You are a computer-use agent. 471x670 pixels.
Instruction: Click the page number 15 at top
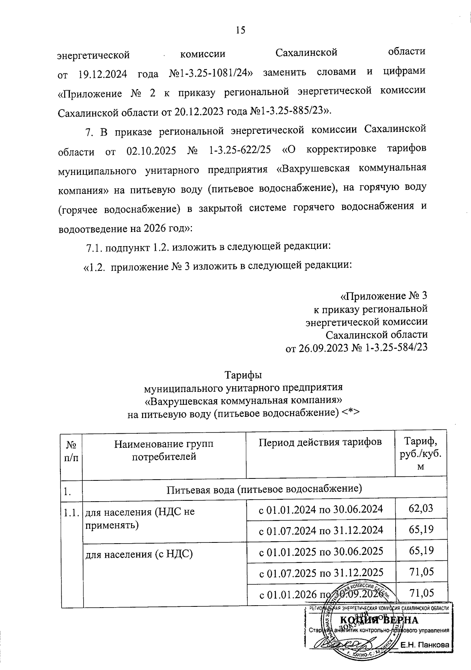pos(240,30)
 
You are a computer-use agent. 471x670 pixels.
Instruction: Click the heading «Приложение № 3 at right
pos(383,295)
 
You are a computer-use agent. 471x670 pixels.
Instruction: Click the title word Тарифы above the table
pos(243,375)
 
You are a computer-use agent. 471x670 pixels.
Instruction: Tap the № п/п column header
pos(71,451)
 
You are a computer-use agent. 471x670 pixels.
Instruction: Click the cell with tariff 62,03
pos(421,509)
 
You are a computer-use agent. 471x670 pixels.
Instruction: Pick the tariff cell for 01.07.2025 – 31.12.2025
pos(421,571)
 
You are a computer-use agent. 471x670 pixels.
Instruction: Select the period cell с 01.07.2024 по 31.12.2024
pos(321,530)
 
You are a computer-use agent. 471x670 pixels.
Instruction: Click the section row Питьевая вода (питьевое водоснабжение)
pos(264,489)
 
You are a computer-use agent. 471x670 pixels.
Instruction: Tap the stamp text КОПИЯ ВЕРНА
pos(378,620)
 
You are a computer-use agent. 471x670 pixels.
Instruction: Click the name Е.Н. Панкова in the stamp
pos(424,645)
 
